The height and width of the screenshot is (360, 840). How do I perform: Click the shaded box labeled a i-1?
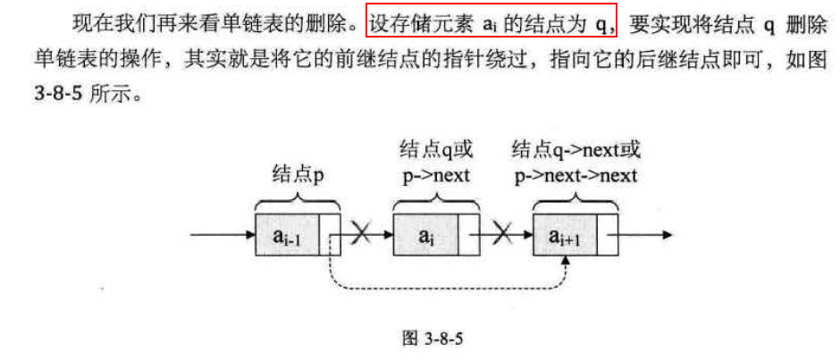tap(285, 237)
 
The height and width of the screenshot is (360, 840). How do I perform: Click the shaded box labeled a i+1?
tap(565, 237)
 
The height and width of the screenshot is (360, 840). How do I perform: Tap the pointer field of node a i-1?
tap(331, 237)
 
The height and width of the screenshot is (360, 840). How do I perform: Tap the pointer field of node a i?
tap(470, 237)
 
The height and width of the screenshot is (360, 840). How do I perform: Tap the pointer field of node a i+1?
tap(609, 237)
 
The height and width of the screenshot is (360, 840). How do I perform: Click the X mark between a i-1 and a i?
tap(362, 236)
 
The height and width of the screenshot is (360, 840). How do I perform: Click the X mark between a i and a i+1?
tap(503, 236)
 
